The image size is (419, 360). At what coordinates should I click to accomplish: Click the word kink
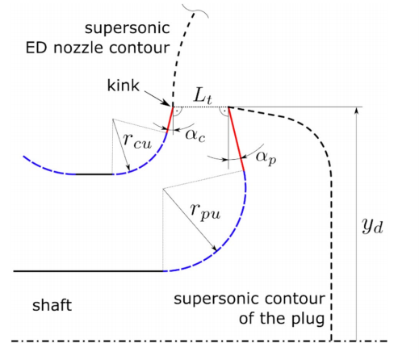[124, 86]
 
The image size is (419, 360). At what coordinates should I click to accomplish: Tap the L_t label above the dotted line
[203, 96]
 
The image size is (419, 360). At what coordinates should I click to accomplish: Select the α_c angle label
[195, 136]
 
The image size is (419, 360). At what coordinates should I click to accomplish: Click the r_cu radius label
[137, 140]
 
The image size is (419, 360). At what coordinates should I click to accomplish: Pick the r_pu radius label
[205, 211]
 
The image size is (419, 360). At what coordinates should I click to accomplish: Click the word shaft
[52, 305]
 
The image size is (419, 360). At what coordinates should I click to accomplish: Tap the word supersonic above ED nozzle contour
[128, 29]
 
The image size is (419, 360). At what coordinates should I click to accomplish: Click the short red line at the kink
[170, 119]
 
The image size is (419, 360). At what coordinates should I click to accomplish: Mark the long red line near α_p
[237, 139]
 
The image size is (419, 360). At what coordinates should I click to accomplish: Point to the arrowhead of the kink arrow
[168, 104]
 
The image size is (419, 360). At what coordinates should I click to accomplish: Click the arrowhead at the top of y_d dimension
[357, 110]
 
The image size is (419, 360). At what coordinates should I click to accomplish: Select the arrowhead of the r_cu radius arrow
[128, 168]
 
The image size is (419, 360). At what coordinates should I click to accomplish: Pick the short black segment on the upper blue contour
[94, 174]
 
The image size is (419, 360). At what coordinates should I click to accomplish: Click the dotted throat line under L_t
[201, 107]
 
